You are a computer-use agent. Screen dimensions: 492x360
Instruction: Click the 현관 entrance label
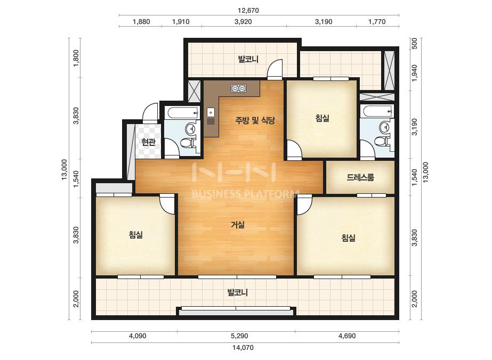pos(148,142)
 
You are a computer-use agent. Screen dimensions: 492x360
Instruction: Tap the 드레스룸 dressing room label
pos(360,177)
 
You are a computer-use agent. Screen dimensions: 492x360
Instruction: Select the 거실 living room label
pos(238,225)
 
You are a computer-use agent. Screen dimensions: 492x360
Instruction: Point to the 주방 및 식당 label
pos(255,120)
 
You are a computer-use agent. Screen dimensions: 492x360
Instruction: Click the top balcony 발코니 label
pos(248,59)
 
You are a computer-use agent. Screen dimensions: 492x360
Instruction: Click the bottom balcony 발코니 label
pos(238,292)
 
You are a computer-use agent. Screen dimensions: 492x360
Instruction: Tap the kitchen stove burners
pos(238,88)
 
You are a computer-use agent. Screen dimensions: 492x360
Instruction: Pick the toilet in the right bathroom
pos(381,141)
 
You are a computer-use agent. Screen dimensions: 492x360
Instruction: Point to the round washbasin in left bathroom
pos(190,128)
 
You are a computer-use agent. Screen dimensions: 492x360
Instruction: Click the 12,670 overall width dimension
pos(248,10)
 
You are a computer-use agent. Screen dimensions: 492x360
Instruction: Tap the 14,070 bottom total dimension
pos(243,347)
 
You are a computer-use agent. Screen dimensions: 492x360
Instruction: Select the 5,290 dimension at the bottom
pos(239,336)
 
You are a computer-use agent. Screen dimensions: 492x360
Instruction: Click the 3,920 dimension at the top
pos(243,22)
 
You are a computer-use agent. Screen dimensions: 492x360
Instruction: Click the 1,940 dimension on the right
pos(415,73)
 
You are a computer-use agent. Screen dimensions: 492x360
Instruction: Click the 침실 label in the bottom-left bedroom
pos(136,234)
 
